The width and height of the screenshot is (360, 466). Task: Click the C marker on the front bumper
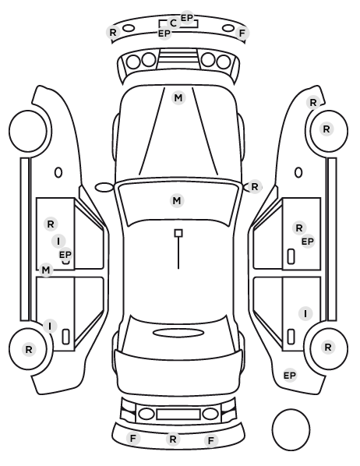click(x=173, y=23)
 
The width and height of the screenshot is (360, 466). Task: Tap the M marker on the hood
click(x=178, y=97)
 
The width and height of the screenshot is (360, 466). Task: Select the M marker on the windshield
click(x=177, y=200)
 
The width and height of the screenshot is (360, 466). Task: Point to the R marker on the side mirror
click(x=255, y=187)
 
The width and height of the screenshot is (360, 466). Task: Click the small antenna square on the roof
click(x=178, y=233)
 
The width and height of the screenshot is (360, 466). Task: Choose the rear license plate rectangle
click(x=178, y=415)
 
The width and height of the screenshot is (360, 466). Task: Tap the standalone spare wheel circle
click(x=291, y=429)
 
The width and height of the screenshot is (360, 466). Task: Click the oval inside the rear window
click(x=178, y=333)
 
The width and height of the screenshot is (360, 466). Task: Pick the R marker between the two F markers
click(x=173, y=439)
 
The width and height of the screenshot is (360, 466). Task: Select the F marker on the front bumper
click(x=242, y=33)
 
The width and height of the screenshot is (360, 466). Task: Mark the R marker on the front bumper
click(x=113, y=32)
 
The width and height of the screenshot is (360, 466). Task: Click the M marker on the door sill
click(x=45, y=270)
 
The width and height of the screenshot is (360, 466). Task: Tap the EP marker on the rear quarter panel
click(x=290, y=376)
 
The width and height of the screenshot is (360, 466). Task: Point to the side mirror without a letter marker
click(x=104, y=187)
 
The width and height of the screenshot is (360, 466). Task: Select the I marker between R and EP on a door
click(x=58, y=241)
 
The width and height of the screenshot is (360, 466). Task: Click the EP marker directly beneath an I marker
click(x=65, y=254)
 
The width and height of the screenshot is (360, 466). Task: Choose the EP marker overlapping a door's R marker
click(x=308, y=242)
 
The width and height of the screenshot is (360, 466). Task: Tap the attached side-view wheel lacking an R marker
click(x=28, y=131)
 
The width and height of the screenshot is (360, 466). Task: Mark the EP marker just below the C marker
click(x=164, y=34)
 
